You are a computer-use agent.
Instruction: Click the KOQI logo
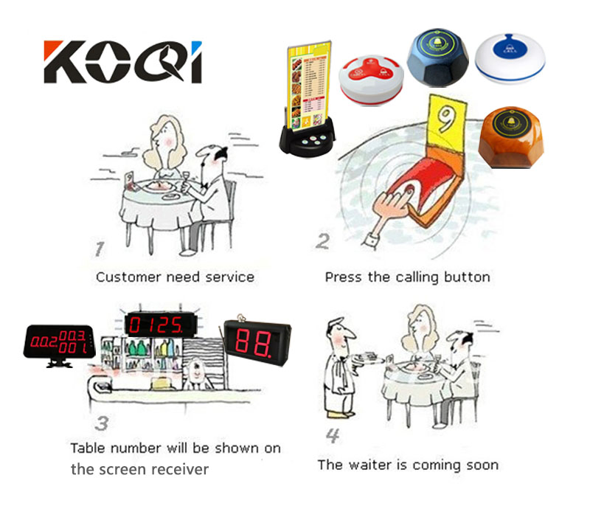point(122,61)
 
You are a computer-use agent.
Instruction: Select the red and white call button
point(370,81)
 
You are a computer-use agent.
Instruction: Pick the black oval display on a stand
point(59,343)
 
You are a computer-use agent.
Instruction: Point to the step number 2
point(323,240)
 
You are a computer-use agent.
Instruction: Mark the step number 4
point(333,436)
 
